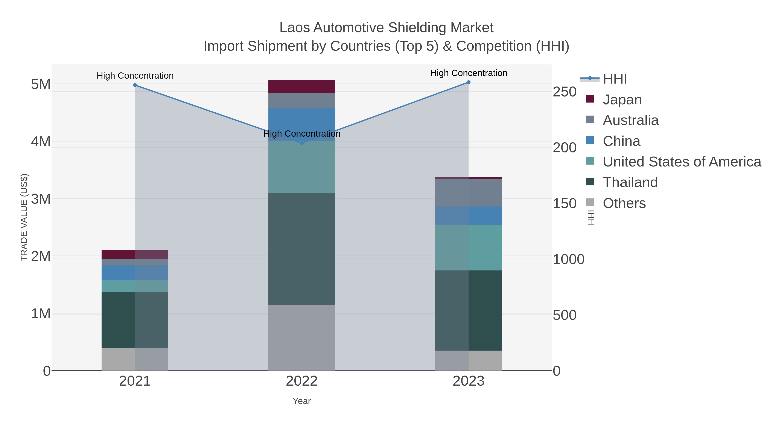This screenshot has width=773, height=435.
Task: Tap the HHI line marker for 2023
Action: click(x=469, y=82)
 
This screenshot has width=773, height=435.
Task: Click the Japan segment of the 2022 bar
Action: click(x=302, y=86)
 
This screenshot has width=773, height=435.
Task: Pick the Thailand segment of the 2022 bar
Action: click(x=302, y=249)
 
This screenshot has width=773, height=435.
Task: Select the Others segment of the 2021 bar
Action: click(x=135, y=359)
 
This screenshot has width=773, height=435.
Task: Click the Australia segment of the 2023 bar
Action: click(x=469, y=193)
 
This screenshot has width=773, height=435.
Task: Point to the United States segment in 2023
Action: click(x=469, y=248)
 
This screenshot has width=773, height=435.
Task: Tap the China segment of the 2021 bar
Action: click(x=135, y=273)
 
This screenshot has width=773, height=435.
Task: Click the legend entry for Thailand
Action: click(x=630, y=183)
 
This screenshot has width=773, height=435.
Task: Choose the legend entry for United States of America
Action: click(x=682, y=162)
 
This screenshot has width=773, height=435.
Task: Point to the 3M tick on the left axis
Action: click(x=41, y=199)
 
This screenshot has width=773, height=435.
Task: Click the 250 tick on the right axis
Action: click(x=565, y=92)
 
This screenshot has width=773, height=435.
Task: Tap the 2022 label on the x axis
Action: click(x=302, y=381)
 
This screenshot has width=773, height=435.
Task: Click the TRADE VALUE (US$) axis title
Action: click(x=24, y=217)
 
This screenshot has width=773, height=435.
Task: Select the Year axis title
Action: click(x=302, y=401)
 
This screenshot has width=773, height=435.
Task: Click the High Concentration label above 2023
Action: click(x=469, y=73)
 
